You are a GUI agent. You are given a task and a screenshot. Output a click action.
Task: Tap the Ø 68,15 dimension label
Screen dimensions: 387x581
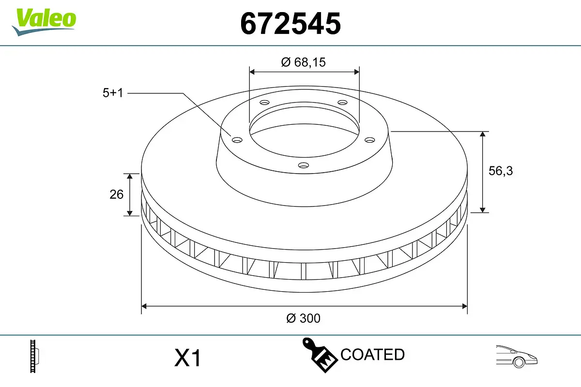click(304, 62)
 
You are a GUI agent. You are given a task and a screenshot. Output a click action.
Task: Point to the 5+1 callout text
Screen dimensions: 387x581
click(113, 93)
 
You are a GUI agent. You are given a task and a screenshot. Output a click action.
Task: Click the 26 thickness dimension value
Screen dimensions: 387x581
click(117, 194)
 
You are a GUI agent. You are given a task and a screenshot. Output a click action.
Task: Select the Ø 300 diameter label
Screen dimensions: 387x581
click(304, 318)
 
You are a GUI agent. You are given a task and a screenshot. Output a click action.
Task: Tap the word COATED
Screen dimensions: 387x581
click(372, 355)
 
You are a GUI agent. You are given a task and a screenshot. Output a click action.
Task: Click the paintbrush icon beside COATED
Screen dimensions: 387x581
click(320, 354)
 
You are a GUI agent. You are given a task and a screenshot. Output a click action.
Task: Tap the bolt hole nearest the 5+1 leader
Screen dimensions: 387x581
click(237, 140)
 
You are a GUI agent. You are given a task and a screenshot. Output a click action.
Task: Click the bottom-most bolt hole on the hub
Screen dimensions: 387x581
click(304, 165)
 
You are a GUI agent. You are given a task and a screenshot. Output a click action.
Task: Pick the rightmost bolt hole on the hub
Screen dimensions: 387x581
click(370, 140)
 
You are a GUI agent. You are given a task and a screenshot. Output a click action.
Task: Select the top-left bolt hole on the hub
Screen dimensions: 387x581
click(264, 103)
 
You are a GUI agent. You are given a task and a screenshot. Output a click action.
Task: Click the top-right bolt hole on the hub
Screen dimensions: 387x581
click(343, 103)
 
